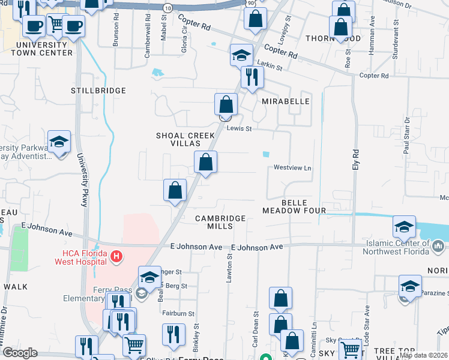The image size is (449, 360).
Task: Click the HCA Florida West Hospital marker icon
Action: point(117,257)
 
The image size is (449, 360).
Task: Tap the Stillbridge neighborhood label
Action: point(98,91)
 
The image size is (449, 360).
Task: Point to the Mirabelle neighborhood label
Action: point(286,101)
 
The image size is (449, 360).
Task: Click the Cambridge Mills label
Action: point(220,222)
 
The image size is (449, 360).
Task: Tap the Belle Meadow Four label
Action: point(294,206)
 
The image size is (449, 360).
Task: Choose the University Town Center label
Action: point(45,49)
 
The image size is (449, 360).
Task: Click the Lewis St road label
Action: point(239,128)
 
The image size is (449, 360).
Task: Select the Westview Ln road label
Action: point(293,168)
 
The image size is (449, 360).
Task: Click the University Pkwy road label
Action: point(81,180)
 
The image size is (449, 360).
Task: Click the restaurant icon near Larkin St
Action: point(252,77)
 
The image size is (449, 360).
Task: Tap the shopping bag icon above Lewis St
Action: point(226,104)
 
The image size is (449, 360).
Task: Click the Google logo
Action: point(20,353)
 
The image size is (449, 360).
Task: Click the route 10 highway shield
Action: point(167,7)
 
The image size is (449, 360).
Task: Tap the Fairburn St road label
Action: point(178,313)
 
